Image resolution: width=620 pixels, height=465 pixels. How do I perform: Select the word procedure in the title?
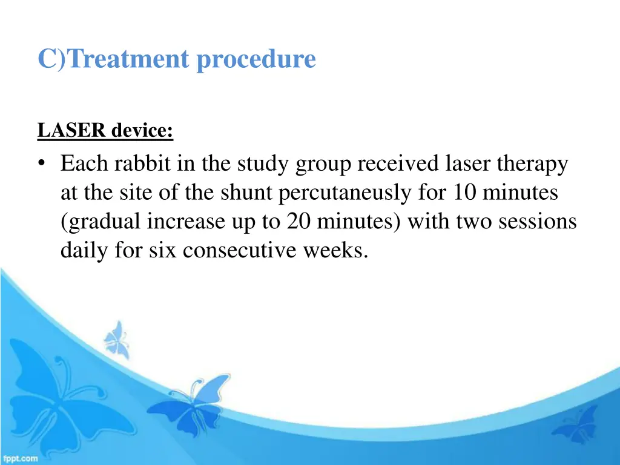(x=256, y=60)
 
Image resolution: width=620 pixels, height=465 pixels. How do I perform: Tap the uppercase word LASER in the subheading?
(x=72, y=130)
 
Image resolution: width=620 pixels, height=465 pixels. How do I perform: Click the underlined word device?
(x=142, y=130)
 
